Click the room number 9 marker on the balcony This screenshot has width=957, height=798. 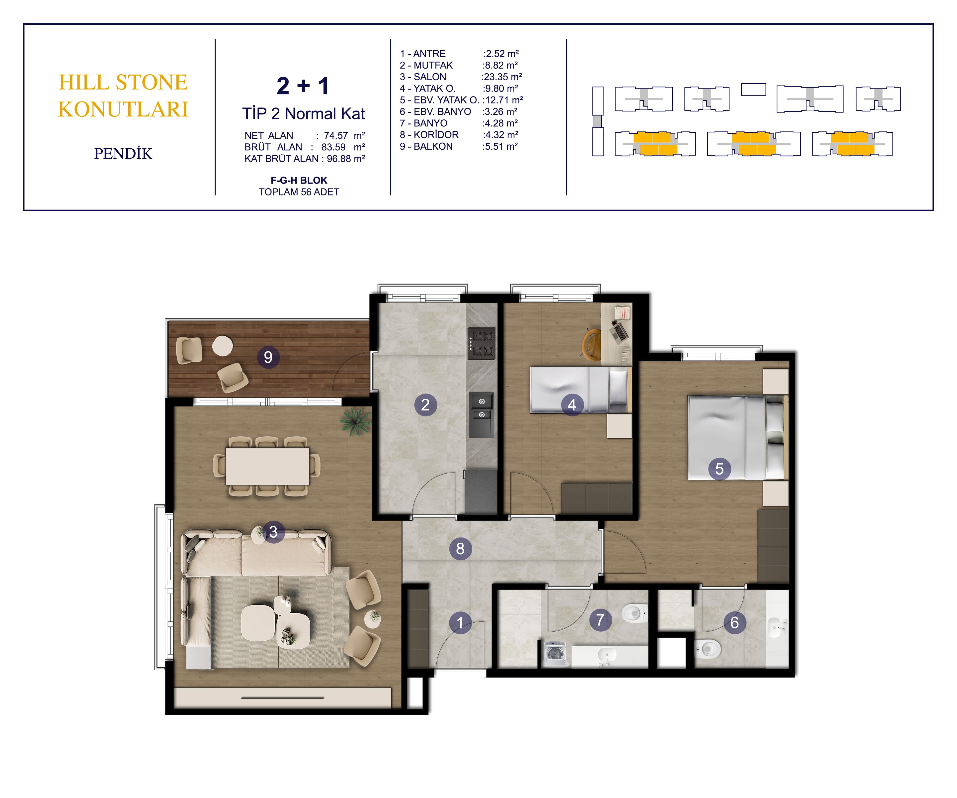click(268, 357)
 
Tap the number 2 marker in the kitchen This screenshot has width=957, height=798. click(425, 404)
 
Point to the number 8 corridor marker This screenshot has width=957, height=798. click(460, 549)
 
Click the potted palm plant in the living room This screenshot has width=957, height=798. click(355, 420)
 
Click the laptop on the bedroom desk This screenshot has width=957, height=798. click(619, 331)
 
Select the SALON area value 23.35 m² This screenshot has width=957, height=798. click(503, 77)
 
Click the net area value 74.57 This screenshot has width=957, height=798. click(336, 135)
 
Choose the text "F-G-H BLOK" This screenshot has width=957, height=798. click(299, 180)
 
